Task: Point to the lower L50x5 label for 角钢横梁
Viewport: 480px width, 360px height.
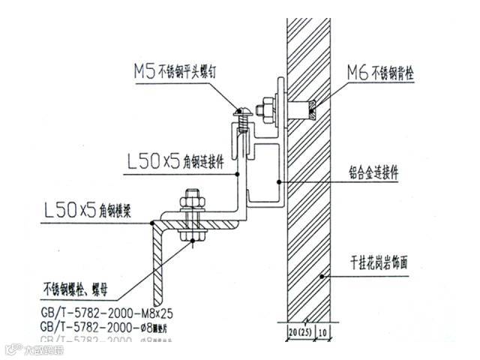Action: [70, 210]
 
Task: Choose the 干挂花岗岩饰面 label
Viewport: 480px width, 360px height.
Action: [389, 264]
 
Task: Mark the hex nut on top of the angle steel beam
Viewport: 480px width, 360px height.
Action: [190, 202]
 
